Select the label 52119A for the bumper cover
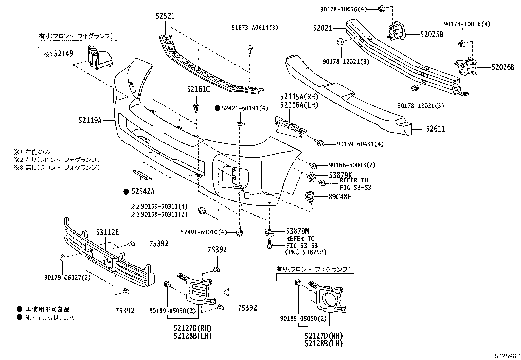(90, 120)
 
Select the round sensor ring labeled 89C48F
(309, 197)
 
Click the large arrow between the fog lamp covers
(246, 292)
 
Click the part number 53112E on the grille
(107, 232)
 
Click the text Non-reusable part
(50, 317)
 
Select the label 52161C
(198, 89)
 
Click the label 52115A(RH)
(299, 97)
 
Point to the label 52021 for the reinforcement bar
(322, 28)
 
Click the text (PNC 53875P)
(306, 252)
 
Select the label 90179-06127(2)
(67, 277)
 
